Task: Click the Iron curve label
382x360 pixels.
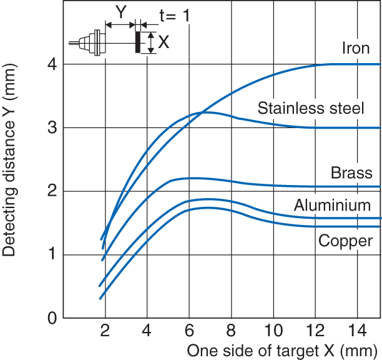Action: click(356, 48)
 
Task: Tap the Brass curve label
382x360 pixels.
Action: click(351, 173)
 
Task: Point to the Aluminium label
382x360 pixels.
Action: click(332, 206)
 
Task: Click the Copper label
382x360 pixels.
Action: click(345, 241)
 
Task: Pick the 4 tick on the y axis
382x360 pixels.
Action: click(51, 64)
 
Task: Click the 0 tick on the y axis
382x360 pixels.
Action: click(51, 318)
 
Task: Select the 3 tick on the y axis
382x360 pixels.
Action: click(51, 127)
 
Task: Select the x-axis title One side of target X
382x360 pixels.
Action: click(283, 349)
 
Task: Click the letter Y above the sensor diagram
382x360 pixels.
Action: click(120, 11)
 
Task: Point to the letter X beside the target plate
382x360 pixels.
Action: click(164, 42)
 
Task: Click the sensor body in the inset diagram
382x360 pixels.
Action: click(94, 42)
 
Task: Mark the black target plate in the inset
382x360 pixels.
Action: click(137, 42)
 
